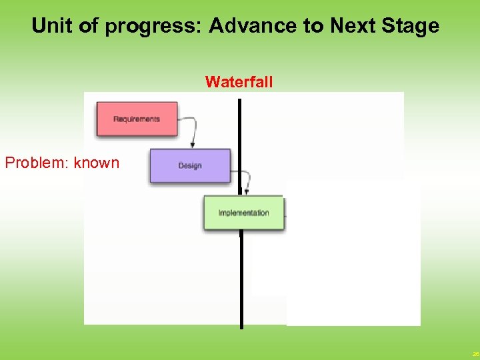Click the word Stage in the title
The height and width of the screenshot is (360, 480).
(409, 26)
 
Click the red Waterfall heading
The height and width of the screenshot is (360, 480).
(239, 82)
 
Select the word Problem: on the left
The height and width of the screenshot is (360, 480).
(37, 163)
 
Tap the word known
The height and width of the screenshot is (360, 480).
(97, 163)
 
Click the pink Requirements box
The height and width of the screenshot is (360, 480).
(137, 119)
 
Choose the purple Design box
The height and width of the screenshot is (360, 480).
(190, 165)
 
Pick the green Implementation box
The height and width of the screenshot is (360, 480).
(243, 213)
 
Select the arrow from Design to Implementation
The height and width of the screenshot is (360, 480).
(247, 181)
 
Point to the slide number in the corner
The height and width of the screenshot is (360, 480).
(475, 354)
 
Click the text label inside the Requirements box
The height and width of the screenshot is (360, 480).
(137, 119)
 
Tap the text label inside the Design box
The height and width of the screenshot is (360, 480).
(190, 166)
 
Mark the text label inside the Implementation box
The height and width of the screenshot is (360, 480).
(243, 213)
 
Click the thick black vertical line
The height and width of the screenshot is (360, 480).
(241, 280)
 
